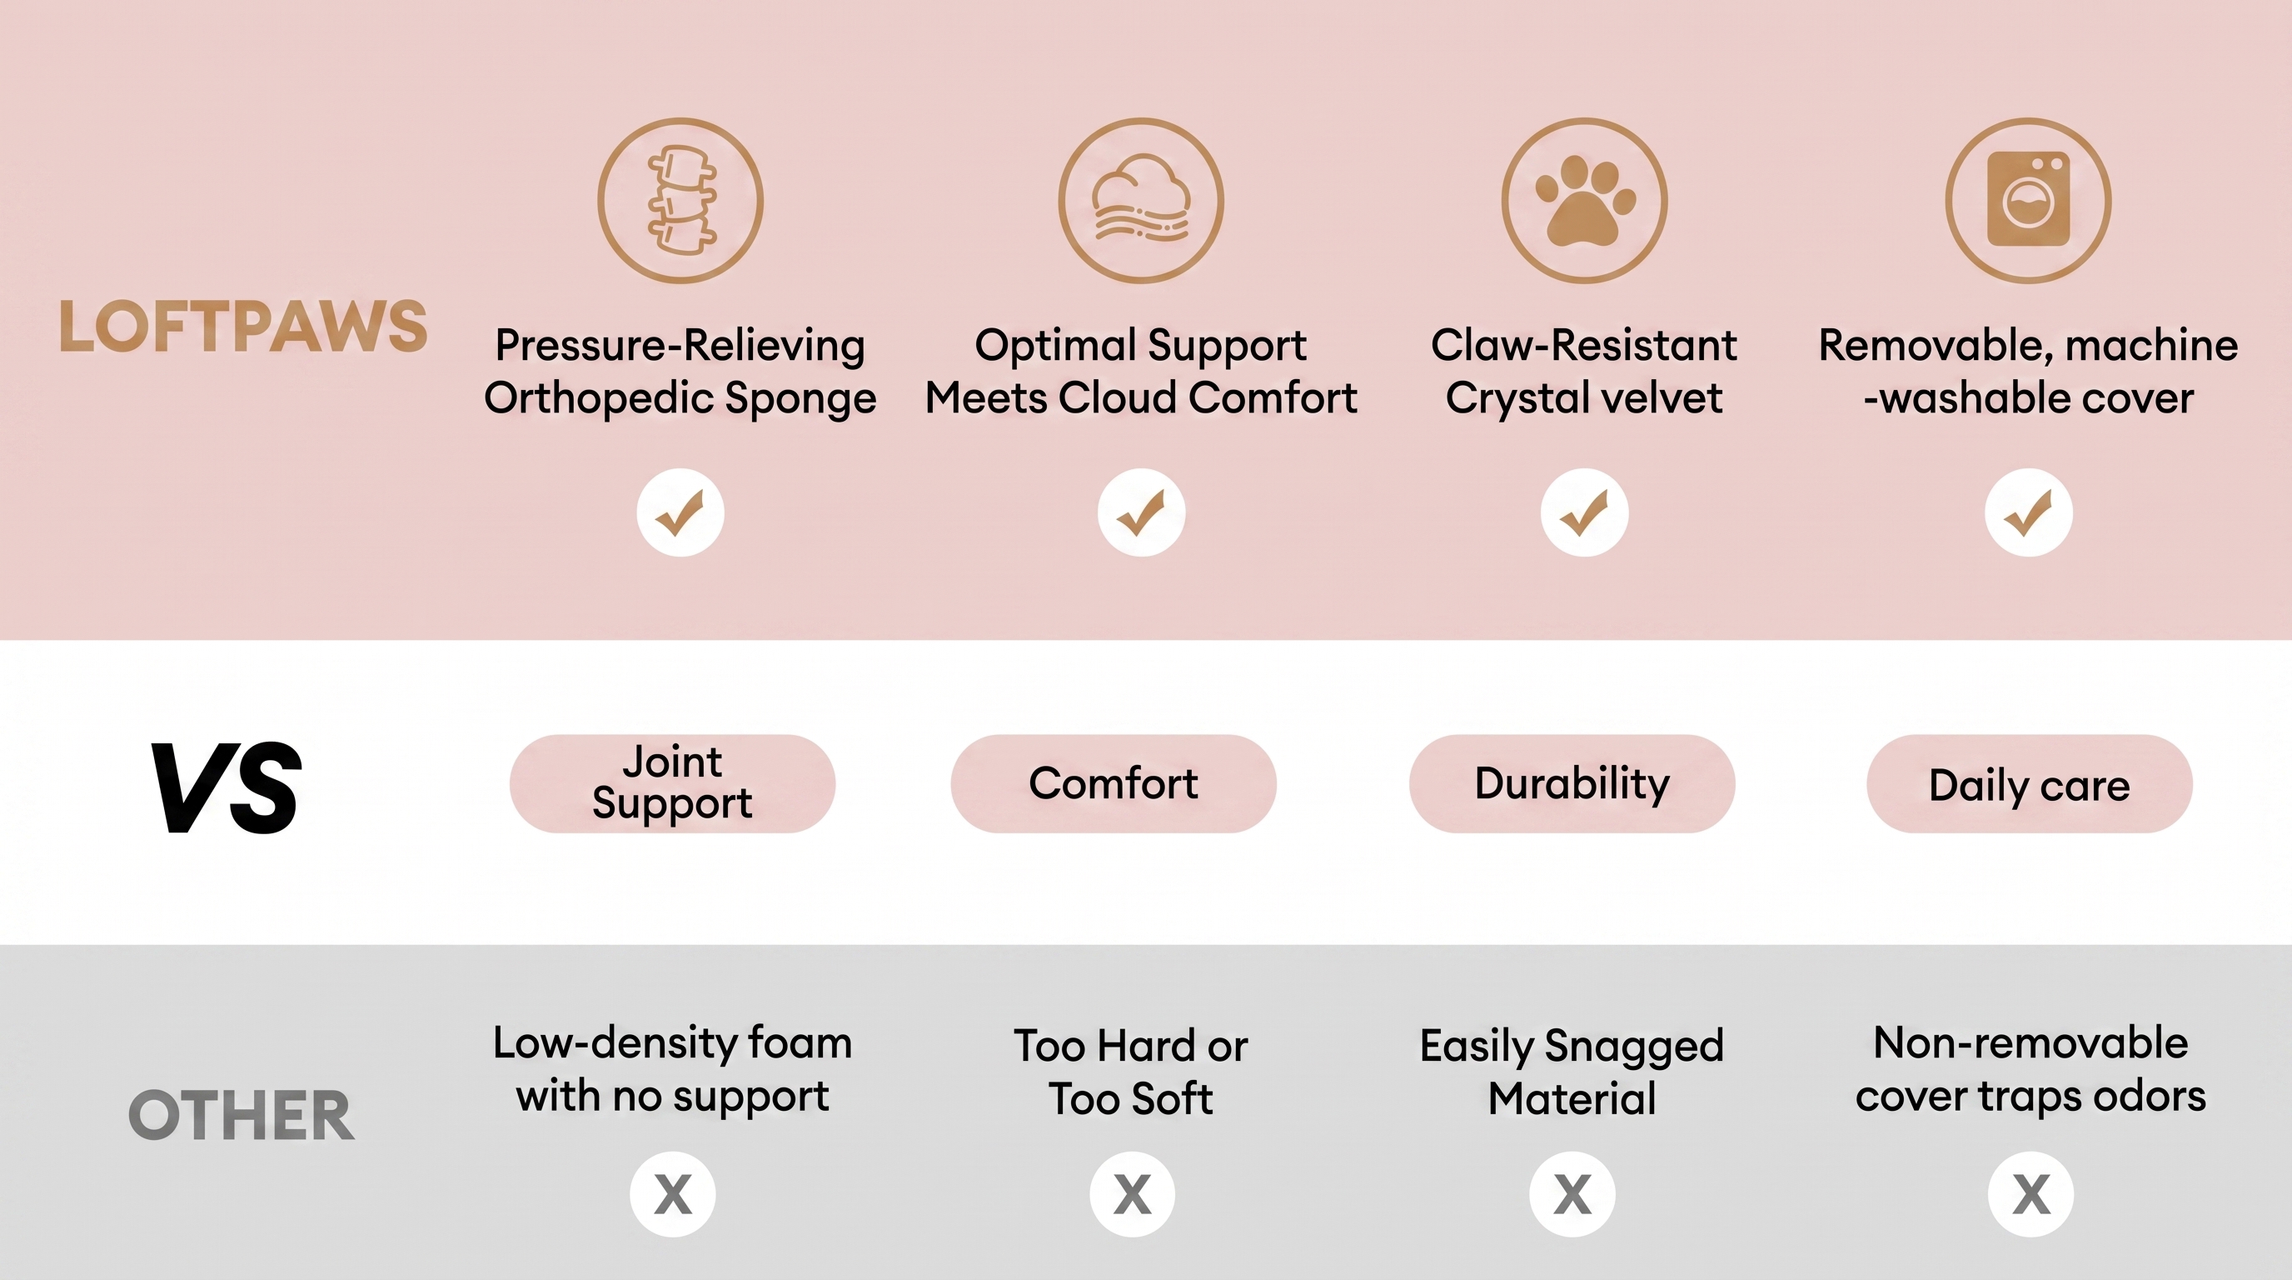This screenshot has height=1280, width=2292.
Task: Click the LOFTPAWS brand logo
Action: tap(243, 326)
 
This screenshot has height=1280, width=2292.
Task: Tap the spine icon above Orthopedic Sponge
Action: tap(680, 200)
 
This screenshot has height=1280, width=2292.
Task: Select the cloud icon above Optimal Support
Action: tap(1141, 200)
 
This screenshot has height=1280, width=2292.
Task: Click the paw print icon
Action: tap(1585, 200)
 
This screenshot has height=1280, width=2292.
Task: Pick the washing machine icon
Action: tap(2029, 200)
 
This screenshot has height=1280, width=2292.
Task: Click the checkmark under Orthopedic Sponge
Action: tap(680, 512)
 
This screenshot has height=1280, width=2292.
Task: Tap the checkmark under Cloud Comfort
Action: tap(1142, 512)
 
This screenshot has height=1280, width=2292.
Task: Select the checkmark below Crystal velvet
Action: tap(1585, 512)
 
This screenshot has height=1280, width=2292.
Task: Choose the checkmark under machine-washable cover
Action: tap(2029, 512)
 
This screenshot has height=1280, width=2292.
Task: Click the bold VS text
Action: tap(227, 787)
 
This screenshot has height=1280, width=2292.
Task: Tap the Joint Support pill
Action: tap(673, 783)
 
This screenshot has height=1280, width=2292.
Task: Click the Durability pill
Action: tap(1572, 783)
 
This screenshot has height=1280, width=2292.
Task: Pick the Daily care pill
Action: tap(2030, 783)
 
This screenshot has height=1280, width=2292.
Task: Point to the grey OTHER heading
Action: tap(242, 1115)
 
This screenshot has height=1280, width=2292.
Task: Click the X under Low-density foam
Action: tap(673, 1194)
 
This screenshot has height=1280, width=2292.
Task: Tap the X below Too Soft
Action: tap(1133, 1194)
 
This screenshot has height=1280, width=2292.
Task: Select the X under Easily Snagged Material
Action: tap(1572, 1194)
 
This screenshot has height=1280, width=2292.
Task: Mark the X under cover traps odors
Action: tap(2031, 1194)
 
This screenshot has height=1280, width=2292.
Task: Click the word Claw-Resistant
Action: tap(1584, 345)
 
